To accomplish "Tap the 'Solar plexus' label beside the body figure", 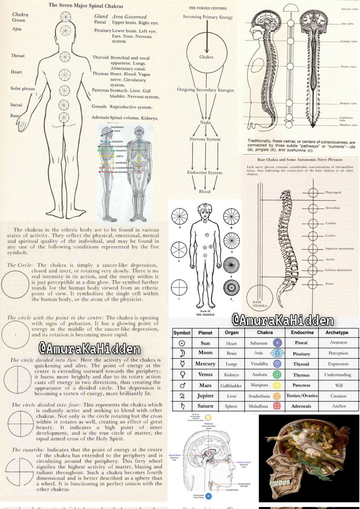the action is pos(23,89).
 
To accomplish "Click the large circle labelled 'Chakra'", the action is pos(206,56).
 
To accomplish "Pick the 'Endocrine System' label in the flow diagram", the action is pos(205,173).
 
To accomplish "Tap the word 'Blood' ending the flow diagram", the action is pos(204,192).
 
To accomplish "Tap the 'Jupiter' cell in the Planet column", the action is pos(205,396).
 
